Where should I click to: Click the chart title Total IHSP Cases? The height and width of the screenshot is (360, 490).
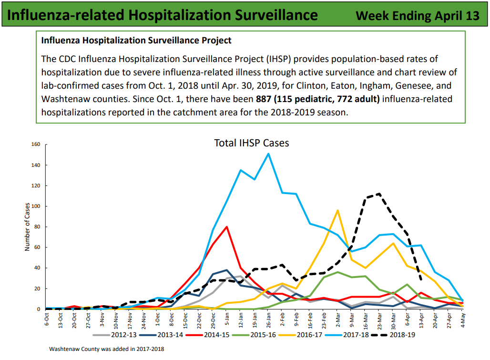tap(251, 143)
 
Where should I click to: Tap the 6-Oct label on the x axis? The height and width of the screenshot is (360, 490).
tap(46, 319)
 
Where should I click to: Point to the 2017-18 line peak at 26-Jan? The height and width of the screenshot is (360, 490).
tap(268, 154)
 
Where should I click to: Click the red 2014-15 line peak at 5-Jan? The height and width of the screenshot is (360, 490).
tap(226, 226)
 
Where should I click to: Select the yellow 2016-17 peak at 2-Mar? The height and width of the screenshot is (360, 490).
tap(337, 210)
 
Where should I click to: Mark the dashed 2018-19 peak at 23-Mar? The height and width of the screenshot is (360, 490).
tap(379, 194)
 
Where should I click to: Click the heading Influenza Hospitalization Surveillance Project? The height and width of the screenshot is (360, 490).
tap(136, 41)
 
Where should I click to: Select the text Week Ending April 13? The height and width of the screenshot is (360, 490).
tap(418, 15)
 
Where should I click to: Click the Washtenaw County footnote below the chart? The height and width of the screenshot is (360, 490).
tap(107, 349)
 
